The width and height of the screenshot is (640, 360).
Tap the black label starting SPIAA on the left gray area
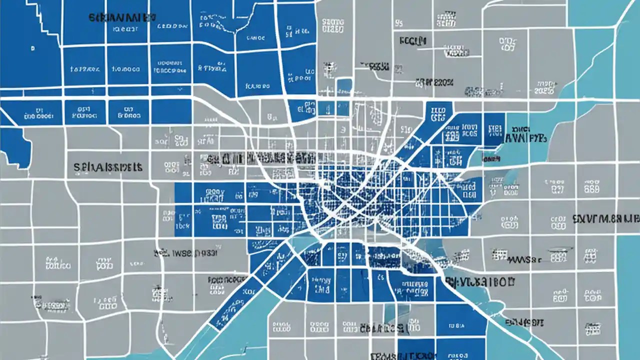click(108, 166)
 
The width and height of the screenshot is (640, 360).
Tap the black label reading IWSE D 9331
click(186, 253)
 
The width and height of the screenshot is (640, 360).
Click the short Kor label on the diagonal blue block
click(248, 290)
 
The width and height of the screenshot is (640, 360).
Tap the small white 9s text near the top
click(398, 22)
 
